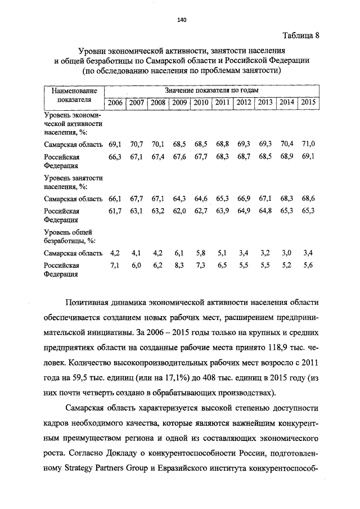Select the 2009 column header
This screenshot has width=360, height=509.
[179, 102]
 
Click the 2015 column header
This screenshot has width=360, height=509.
[308, 102]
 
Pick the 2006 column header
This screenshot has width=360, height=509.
[115, 102]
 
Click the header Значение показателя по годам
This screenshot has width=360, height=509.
[211, 90]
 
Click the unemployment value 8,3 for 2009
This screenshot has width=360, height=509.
[179, 265]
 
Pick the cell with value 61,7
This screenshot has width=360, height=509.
[115, 211]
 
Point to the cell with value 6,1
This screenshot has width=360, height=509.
[179, 254]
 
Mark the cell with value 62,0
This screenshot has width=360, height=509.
[179, 211]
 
